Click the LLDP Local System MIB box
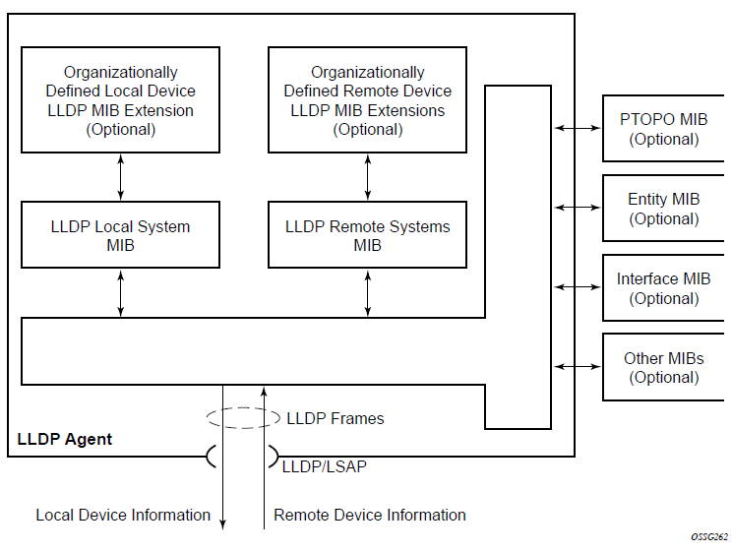(x=120, y=235)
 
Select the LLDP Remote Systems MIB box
(x=367, y=235)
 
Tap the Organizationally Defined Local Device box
(x=120, y=100)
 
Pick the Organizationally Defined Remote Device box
(x=367, y=100)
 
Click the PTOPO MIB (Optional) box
(x=663, y=129)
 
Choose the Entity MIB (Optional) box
(x=663, y=209)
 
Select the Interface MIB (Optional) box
(x=663, y=288)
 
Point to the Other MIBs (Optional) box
(x=663, y=367)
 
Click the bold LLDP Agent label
(x=65, y=439)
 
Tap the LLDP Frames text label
(x=335, y=418)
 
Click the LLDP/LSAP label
(x=324, y=466)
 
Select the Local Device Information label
(x=123, y=515)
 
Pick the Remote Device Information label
(x=370, y=515)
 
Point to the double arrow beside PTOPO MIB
(x=578, y=128)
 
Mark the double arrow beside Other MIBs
(x=578, y=366)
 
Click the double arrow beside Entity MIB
(x=578, y=208)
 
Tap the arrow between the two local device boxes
(x=121, y=177)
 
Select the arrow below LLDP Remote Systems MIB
(x=368, y=292)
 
